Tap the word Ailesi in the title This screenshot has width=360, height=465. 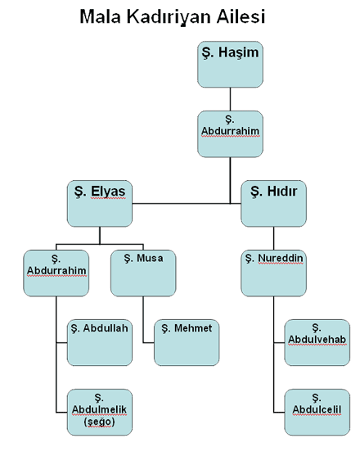241,16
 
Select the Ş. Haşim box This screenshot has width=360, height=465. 230,65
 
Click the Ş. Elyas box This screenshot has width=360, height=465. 100,203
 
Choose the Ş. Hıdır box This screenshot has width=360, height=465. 273,203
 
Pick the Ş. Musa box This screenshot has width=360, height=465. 143,273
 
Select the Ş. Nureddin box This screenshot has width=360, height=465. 273,273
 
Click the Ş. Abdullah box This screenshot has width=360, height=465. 100,342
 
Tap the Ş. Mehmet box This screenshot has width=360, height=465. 187,342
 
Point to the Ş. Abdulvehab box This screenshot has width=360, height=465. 317,342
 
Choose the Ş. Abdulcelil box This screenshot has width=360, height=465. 317,413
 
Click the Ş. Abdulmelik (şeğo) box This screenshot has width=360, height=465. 100,413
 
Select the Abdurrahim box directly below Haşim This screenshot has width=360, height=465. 230,134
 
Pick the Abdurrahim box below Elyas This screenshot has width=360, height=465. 56,273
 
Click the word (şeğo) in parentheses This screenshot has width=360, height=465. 99,422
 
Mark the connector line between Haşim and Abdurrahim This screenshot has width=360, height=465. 230,99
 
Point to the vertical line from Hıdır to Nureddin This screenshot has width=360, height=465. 273,238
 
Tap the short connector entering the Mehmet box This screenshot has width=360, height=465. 149,342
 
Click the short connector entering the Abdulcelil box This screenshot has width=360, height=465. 279,413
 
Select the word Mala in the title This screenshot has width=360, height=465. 100,16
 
